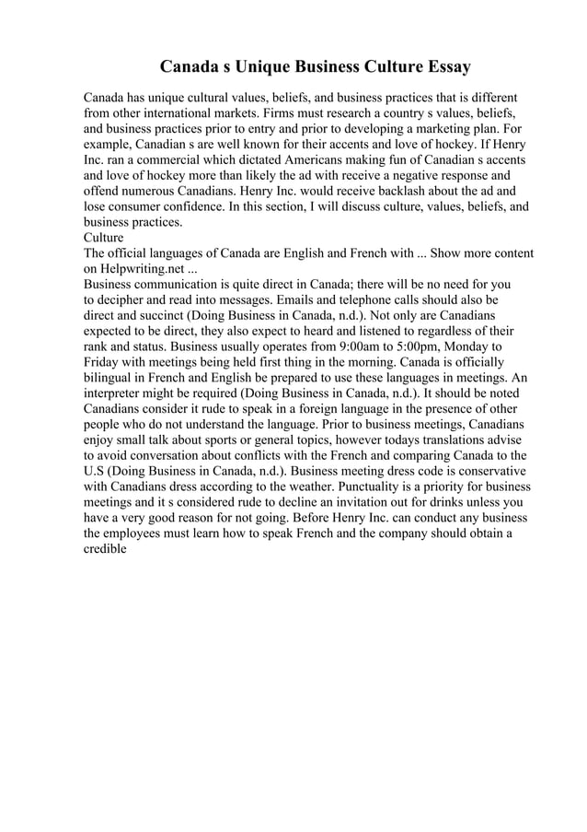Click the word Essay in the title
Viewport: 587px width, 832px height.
pos(445,67)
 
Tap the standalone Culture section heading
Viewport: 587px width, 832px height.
pos(103,238)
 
